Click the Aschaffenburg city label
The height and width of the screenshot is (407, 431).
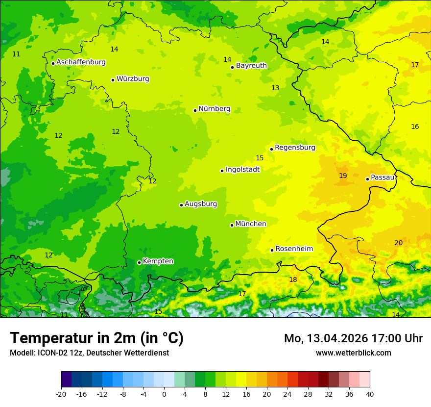click(x=81, y=62)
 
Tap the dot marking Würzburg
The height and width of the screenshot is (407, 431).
click(x=113, y=80)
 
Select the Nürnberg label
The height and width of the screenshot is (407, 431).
click(x=215, y=109)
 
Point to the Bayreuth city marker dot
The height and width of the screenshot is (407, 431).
click(x=232, y=67)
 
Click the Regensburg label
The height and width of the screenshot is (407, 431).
click(x=295, y=148)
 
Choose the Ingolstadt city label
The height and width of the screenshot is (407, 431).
click(x=242, y=170)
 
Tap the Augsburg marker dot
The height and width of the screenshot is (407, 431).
click(x=181, y=205)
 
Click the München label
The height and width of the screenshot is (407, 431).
click(x=251, y=224)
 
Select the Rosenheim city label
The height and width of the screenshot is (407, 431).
click(x=294, y=249)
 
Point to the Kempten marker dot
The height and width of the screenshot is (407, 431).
click(x=139, y=262)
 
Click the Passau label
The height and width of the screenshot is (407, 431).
click(x=383, y=178)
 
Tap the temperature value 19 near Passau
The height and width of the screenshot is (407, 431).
click(x=343, y=176)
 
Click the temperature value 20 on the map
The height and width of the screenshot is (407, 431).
click(x=398, y=243)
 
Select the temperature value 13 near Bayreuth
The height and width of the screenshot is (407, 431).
click(x=275, y=88)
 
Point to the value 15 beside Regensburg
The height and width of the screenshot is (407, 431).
click(x=260, y=158)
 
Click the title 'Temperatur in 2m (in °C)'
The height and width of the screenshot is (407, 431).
click(x=96, y=338)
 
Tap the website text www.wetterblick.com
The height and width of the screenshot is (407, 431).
click(x=353, y=353)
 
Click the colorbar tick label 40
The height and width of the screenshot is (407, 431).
click(x=370, y=394)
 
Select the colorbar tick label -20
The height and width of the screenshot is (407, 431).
click(x=61, y=394)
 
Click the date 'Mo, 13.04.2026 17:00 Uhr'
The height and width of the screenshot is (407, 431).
click(x=353, y=338)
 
